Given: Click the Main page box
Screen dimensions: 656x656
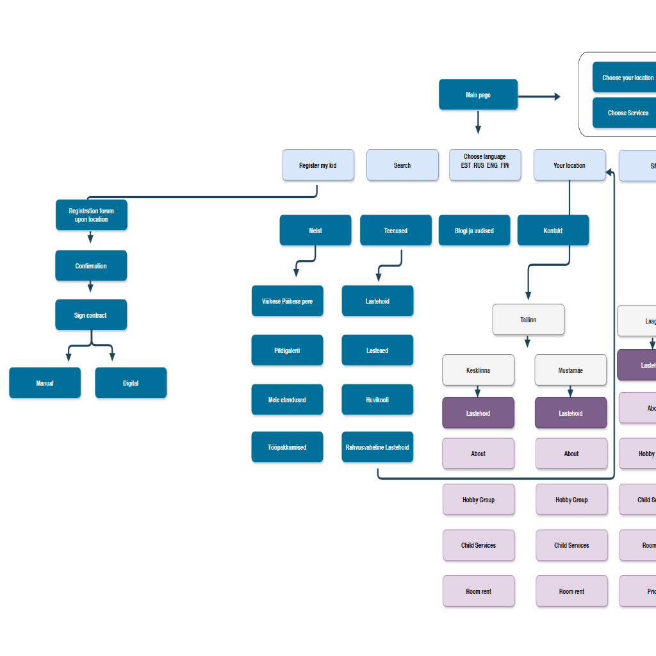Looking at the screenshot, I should (478, 95).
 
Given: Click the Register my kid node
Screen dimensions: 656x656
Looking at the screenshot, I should (318, 165).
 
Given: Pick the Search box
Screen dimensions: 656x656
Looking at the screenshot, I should (402, 165).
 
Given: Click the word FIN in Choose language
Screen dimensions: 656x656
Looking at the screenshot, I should (505, 166).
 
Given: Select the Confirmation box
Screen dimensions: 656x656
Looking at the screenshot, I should (91, 266).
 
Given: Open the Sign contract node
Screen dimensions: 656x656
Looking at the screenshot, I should (91, 315).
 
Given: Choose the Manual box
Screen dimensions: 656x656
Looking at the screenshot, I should (45, 383).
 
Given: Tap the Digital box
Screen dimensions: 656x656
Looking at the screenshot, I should (131, 383).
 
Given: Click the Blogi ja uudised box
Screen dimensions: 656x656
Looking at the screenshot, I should (474, 231).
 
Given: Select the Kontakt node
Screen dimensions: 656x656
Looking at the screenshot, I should (553, 231).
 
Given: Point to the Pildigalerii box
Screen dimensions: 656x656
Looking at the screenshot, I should (287, 350).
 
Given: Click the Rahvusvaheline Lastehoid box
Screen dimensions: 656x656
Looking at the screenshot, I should (377, 447).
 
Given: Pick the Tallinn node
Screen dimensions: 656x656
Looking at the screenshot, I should (529, 320).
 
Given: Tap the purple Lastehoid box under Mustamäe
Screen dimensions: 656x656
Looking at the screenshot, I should (571, 413).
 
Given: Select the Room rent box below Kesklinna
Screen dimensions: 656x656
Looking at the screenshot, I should (479, 591).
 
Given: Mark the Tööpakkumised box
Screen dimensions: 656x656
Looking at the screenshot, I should (287, 447).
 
